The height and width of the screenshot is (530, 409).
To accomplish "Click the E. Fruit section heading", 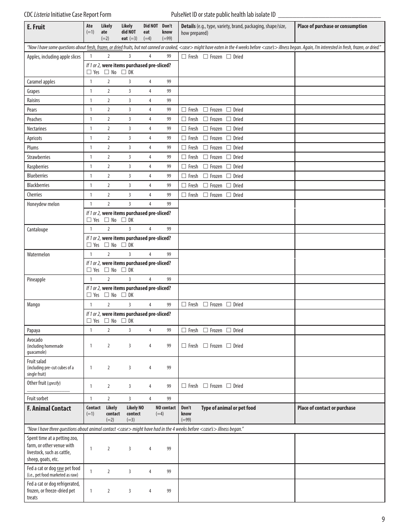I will [x=36, y=27].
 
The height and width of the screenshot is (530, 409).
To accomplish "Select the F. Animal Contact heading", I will [x=49, y=408].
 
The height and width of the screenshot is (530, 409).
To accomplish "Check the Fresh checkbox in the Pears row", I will [x=184, y=109].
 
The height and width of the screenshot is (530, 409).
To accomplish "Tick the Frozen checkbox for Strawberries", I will [x=205, y=157].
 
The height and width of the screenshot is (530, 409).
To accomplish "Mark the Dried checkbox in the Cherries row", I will [x=229, y=195].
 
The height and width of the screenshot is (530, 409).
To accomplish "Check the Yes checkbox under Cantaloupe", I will [x=89, y=245].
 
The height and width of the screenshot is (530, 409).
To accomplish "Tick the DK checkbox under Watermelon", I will [x=124, y=270].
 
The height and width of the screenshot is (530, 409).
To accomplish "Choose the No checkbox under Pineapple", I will [x=107, y=295].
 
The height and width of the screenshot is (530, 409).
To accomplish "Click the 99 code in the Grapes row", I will [x=169, y=91].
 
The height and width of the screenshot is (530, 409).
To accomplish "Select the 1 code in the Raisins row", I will [x=91, y=100].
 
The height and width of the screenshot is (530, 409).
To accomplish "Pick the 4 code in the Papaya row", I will [x=150, y=330].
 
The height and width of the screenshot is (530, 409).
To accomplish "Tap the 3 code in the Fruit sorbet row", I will [x=130, y=399].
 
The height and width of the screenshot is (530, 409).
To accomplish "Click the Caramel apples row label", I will [x=41, y=82].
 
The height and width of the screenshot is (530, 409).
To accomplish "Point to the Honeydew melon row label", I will [x=43, y=204].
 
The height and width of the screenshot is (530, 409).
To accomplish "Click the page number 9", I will [x=383, y=519].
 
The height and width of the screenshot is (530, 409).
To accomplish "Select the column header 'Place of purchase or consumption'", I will [x=332, y=26].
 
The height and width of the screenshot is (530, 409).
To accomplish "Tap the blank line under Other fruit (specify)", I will [x=48, y=390].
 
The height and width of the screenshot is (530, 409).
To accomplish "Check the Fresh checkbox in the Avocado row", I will [x=184, y=346].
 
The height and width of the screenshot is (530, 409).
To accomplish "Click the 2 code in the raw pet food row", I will [x=108, y=471].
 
